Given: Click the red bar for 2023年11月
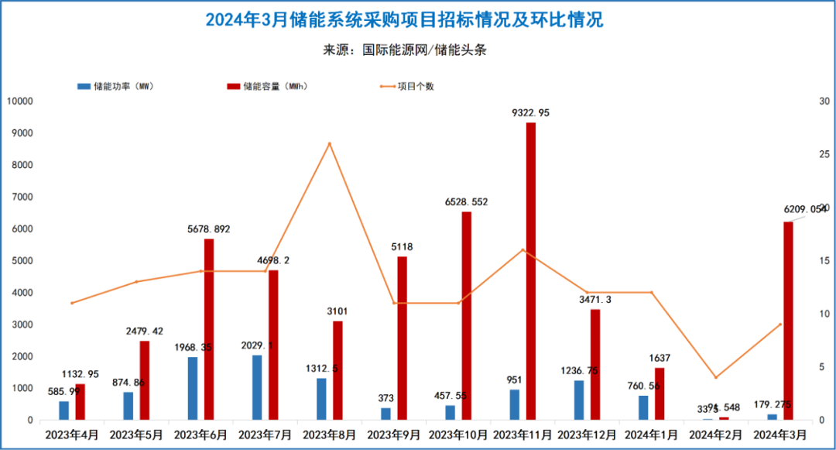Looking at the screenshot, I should coord(531,271).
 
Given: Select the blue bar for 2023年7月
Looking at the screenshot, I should coord(257,387).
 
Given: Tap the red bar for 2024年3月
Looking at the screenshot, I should coord(788,321).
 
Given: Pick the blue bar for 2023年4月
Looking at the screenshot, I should coord(64,410).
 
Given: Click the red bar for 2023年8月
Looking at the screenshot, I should coord(337,370).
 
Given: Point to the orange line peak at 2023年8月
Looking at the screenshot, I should coord(330,143).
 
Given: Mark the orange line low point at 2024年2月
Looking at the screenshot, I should coord(715,377).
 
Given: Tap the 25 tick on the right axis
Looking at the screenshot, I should coord(824,155).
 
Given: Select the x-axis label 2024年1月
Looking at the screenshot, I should coord(651,435).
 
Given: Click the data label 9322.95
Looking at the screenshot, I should coord(531,113).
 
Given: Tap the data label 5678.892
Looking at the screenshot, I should coord(208,229).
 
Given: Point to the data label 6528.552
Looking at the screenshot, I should coord(466,202).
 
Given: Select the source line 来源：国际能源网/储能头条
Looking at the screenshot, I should coord(404,50).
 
